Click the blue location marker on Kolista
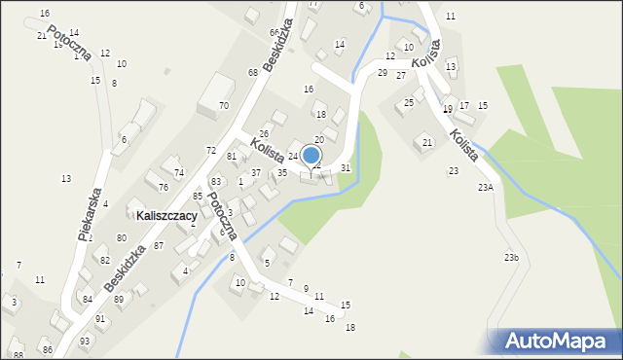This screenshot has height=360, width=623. [x=311, y=155]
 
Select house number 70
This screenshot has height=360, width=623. [x=223, y=105]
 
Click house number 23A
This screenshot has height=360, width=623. [x=485, y=187]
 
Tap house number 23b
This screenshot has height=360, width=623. [x=511, y=257]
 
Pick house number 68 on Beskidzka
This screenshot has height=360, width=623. [x=252, y=73]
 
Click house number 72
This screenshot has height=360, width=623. [x=211, y=150]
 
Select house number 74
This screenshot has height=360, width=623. [x=178, y=172]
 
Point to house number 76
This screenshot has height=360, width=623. [x=164, y=188]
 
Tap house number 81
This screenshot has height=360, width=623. [x=232, y=157]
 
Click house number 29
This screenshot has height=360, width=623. [x=383, y=73]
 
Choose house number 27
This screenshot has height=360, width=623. [x=401, y=75]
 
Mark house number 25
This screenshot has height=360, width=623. [x=410, y=102]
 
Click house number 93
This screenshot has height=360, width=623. [x=85, y=341]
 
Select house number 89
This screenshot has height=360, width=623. [x=119, y=300]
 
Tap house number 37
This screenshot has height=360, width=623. [x=256, y=172]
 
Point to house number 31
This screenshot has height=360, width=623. [x=346, y=168]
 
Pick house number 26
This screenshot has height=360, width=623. [x=264, y=133]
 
